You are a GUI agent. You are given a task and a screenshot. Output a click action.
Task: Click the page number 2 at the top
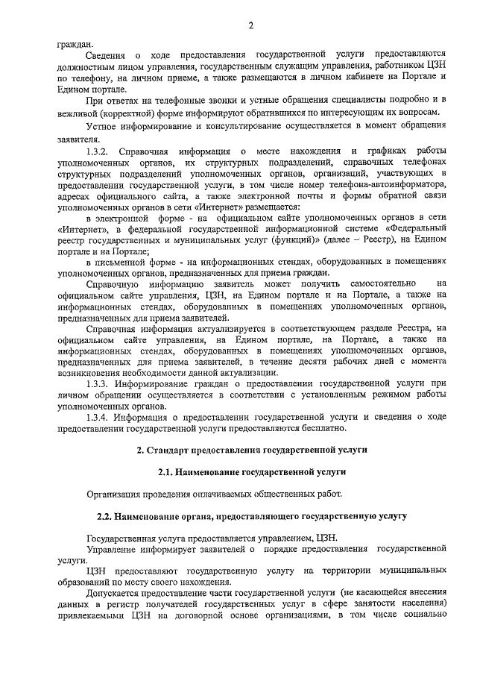point(251,27)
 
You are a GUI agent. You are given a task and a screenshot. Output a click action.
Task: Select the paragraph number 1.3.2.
point(100,151)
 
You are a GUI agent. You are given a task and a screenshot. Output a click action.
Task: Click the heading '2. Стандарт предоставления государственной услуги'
point(251,450)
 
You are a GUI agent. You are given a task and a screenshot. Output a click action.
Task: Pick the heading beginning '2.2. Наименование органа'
point(251,515)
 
